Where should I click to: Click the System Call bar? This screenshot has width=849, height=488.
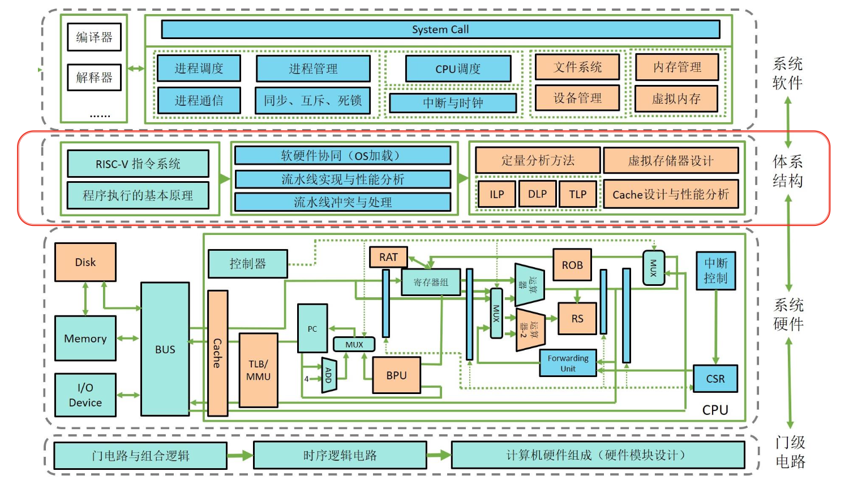(x=440, y=29)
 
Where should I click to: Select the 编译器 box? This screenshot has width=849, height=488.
(x=94, y=37)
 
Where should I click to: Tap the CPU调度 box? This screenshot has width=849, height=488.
(x=458, y=69)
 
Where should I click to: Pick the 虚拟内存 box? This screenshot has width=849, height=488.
(x=676, y=99)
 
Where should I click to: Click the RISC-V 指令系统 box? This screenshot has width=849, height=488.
(x=138, y=164)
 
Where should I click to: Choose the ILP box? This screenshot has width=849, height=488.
(x=497, y=194)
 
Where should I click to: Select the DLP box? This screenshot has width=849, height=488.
(x=537, y=194)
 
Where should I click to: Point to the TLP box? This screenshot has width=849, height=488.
(x=578, y=194)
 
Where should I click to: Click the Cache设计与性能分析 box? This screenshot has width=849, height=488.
(x=671, y=194)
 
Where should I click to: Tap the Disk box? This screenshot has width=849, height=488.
(x=85, y=262)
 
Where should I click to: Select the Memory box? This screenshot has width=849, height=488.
(x=85, y=339)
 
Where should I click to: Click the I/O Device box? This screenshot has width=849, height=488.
(x=85, y=395)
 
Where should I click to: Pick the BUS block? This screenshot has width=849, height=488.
(x=165, y=349)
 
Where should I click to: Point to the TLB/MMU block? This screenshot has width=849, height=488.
(x=258, y=370)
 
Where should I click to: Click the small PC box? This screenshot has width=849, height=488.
(x=312, y=328)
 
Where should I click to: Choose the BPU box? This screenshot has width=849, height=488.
(x=396, y=375)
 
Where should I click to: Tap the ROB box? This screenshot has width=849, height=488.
(x=572, y=265)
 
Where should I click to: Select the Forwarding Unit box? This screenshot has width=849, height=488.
(x=568, y=363)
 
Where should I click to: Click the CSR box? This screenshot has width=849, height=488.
(x=715, y=379)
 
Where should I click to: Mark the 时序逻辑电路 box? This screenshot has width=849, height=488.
(x=340, y=455)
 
